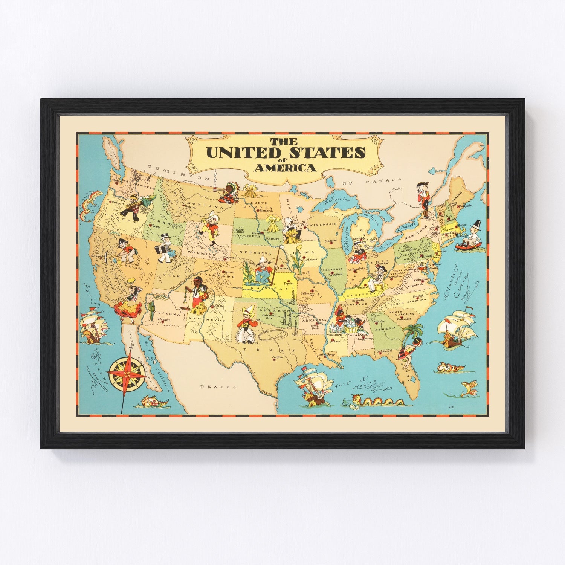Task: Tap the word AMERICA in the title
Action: coord(285,168)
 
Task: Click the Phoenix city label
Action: coord(164,319)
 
